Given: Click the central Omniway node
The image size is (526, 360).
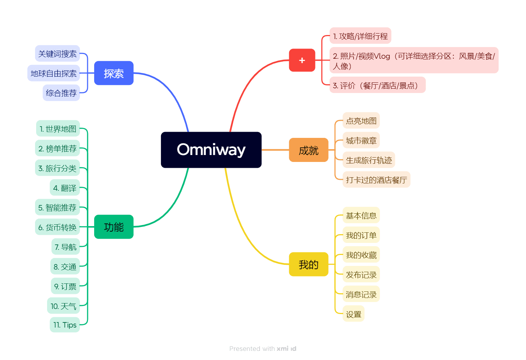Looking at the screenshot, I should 211,150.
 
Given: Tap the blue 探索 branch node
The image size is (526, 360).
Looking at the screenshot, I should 114,73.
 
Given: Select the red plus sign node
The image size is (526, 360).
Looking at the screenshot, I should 302,60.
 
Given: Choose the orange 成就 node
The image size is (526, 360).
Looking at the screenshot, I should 308,150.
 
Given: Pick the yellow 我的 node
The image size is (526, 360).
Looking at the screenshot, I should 308,264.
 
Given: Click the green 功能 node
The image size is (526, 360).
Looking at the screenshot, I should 114,227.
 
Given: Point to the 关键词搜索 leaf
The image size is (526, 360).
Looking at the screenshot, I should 57,54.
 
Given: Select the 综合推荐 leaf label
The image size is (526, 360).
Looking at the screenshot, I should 61,93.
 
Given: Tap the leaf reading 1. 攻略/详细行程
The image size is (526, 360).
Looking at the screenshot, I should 360,36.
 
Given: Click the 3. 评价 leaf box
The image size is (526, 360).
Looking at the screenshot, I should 377,85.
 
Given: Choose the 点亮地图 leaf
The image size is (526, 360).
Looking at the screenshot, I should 361,121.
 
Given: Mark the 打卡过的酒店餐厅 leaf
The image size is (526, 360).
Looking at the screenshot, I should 376,180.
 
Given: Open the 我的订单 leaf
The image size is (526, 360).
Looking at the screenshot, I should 361,235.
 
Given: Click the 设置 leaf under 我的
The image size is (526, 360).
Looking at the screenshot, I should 353,314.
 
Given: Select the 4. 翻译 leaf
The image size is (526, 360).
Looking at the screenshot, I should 65,188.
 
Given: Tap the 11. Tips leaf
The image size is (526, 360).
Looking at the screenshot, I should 65,325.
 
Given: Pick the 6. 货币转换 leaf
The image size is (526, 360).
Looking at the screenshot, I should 57,227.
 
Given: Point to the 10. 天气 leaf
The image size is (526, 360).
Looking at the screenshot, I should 64,306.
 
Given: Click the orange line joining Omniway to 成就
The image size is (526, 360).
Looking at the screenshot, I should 275,150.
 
